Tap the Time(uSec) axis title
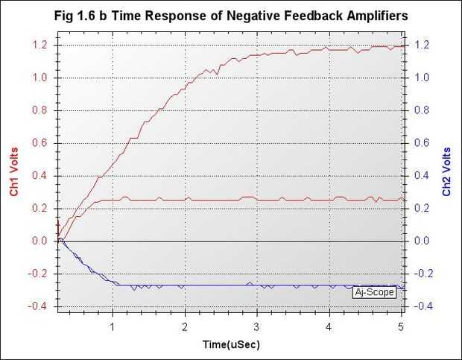coord(231,345)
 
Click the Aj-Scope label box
coord(374,292)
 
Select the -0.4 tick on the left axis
coord(39,306)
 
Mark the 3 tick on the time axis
coord(256,326)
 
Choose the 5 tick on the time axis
coord(401,326)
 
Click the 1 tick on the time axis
coord(113,326)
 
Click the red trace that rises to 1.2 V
coord(149,111)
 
